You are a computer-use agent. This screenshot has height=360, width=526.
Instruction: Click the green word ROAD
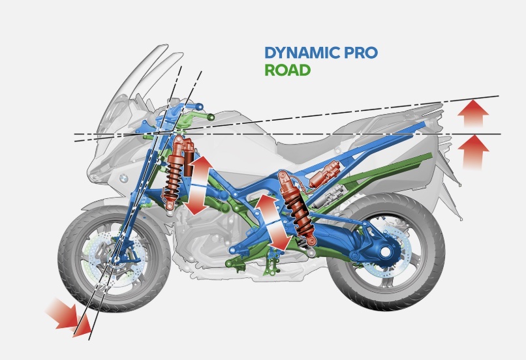[287, 70]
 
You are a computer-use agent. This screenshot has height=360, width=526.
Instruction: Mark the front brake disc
[98, 267]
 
